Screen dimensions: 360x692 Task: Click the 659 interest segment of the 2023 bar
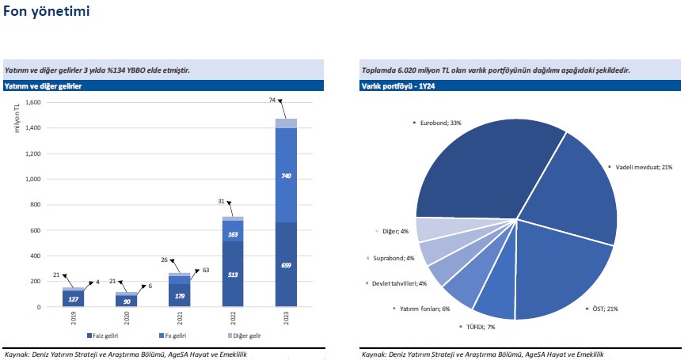coord(287,265)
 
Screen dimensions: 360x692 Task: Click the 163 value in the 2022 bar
coord(234,234)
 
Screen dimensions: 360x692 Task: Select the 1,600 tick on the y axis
coord(32,103)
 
